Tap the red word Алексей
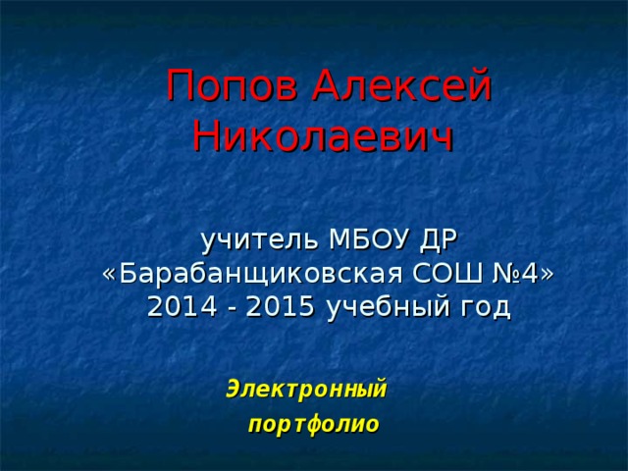pos(403,88)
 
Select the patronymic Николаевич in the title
pos(323,134)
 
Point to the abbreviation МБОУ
pos(369,239)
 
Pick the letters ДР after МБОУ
pos(439,239)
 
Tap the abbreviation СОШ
pos(433,273)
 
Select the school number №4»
pos(520,273)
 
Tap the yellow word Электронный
pos(307,389)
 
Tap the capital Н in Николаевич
pos(207,134)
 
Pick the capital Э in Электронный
pos(234,389)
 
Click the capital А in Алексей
pos(329,88)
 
